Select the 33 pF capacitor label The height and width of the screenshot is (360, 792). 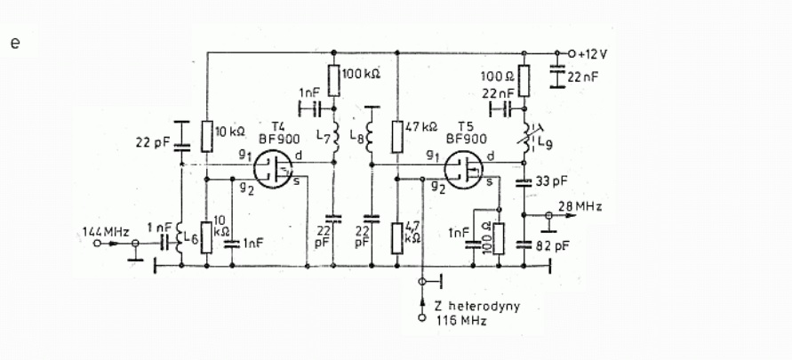[x=550, y=182]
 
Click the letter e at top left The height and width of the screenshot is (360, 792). [x=14, y=43]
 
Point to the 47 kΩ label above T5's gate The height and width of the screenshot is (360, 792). [x=420, y=126]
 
